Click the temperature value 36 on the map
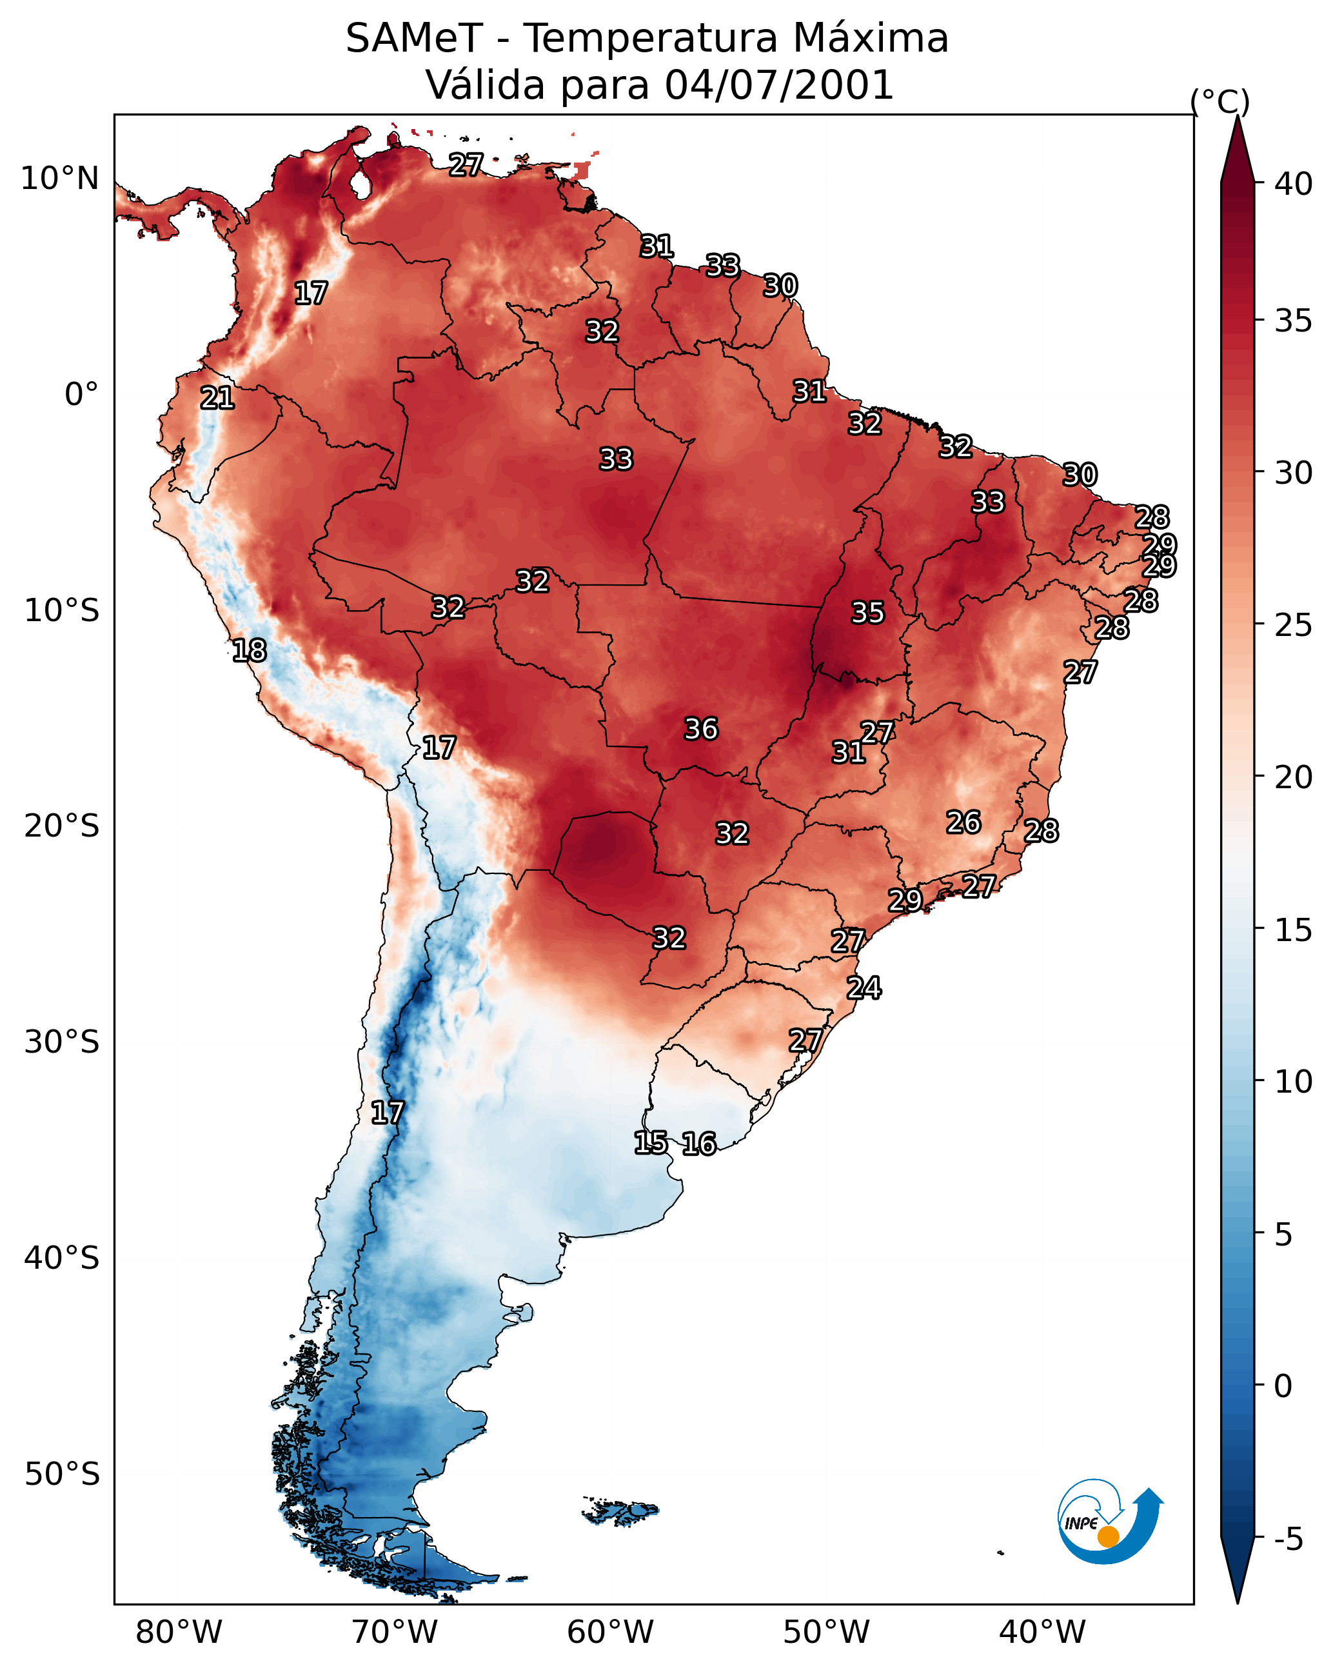point(701,729)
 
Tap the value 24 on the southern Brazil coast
point(864,988)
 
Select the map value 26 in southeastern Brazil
point(963,822)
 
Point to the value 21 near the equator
point(217,399)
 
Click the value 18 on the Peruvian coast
point(249,651)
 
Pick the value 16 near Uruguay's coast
point(698,1144)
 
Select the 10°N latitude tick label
point(59,179)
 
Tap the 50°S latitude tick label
point(62,1474)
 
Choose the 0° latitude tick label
point(81,395)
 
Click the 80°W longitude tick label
point(179,1633)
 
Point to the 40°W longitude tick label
point(1042,1633)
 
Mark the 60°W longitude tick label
point(611,1633)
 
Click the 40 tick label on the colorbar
point(1294,184)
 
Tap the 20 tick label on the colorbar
point(1294,777)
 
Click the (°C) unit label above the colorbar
point(1220,101)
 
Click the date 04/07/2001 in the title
point(779,85)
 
